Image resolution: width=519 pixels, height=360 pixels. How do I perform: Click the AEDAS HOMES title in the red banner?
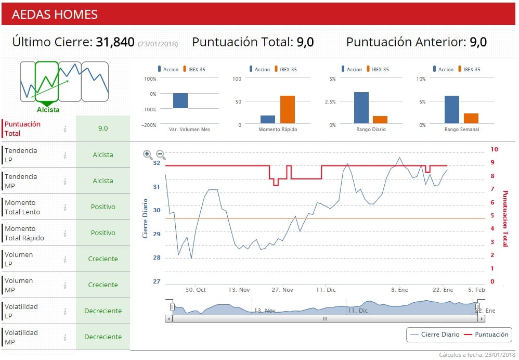pyautogui.click(x=55, y=14)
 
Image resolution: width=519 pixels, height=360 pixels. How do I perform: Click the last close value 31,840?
pyautogui.click(x=115, y=42)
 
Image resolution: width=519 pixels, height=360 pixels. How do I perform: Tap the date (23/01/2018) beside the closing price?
pyautogui.click(x=158, y=44)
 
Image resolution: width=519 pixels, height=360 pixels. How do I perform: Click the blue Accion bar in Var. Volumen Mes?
pyautogui.click(x=180, y=100)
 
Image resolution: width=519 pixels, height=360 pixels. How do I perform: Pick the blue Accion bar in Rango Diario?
pyautogui.click(x=361, y=107)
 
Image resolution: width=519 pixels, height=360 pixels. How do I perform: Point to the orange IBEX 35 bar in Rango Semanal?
pyautogui.click(x=471, y=118)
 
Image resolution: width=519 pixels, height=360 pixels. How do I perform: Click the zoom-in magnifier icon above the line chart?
pyautogui.click(x=148, y=155)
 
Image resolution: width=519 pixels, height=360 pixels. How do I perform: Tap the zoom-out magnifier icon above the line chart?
pyautogui.click(x=161, y=155)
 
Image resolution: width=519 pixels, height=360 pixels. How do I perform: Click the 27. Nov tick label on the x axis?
pyautogui.click(x=282, y=290)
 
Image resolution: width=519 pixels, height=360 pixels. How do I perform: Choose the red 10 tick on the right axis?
pyautogui.click(x=494, y=149)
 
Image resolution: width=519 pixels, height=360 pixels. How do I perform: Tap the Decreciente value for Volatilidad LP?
pyautogui.click(x=103, y=311)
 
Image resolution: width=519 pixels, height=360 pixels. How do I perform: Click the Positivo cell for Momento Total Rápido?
pyautogui.click(x=103, y=233)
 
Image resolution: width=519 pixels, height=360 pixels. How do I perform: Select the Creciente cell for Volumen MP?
pyautogui.click(x=103, y=285)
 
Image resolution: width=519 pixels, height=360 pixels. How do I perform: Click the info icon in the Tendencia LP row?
pyautogui.click(x=65, y=155)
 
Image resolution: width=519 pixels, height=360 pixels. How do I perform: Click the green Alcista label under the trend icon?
pyautogui.click(x=48, y=110)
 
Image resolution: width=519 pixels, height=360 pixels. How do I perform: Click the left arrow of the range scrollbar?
pyautogui.click(x=168, y=318)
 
